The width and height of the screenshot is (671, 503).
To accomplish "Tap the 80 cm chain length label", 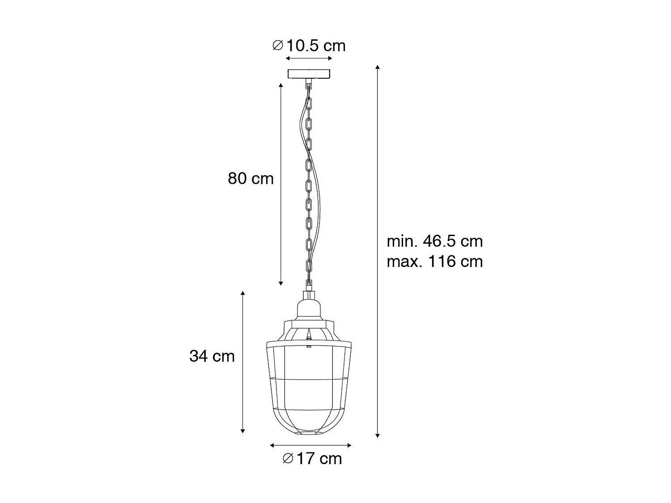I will (251, 178).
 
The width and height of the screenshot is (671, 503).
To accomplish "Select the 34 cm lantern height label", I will (212, 356).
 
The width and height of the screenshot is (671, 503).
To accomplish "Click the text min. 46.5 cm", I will (435, 241).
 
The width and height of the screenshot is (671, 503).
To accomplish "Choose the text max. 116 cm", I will (435, 261).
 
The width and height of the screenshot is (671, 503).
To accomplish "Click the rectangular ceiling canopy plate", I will (309, 74).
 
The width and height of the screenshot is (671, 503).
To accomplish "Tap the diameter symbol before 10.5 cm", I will (278, 46).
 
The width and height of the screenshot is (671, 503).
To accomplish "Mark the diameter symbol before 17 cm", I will (288, 458).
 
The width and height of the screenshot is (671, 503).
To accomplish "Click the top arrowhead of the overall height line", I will (378, 68).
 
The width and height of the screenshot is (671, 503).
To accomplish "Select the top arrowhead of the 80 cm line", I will (281, 85).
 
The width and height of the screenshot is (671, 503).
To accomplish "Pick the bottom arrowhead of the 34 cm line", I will (243, 431).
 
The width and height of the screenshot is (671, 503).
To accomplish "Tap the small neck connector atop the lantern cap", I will (309, 295).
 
